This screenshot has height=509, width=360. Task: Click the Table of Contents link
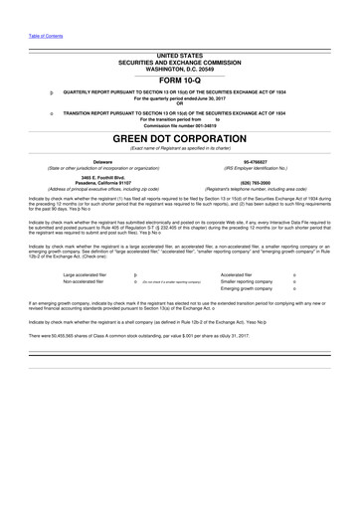click(46, 36)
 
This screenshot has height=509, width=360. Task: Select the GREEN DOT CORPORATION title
click(180, 137)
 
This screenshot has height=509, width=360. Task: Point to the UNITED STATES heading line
click(180, 56)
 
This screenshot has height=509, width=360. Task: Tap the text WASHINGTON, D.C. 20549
click(180, 68)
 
